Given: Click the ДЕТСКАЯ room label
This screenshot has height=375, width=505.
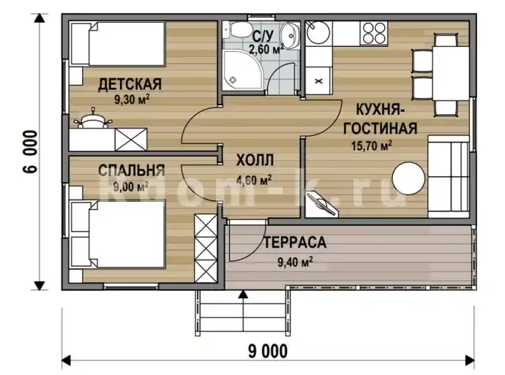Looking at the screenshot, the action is tap(130, 84).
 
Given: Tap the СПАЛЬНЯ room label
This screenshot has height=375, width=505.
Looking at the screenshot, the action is tap(132, 170).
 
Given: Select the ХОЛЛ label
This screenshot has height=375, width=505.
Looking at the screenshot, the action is tap(255, 160).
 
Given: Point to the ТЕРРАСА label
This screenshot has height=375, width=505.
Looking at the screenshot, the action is tap(295, 243).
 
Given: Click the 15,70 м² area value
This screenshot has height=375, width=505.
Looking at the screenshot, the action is tap(371, 145).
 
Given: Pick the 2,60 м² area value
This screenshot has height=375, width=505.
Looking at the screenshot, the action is tap(266, 49).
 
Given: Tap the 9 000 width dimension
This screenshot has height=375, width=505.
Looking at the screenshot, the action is tap(268, 351).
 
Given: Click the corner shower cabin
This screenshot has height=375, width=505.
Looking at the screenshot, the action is tap(243, 70).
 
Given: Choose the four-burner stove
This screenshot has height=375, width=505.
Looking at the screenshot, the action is tap(374, 33).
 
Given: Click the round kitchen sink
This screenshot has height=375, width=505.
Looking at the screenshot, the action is tap(318, 32).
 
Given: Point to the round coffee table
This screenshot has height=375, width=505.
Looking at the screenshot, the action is tap(408, 178).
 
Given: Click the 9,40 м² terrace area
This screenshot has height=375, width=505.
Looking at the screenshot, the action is tap(295, 262).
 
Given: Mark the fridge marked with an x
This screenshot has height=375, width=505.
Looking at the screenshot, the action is tap(318, 80).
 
